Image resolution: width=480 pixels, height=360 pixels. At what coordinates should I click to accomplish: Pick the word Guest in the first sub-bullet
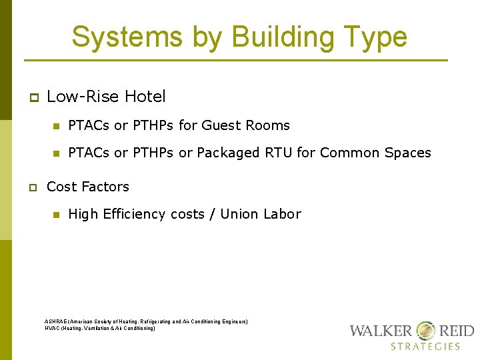[219, 125]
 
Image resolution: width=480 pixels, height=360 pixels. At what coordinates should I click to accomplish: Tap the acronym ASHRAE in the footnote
[55, 322]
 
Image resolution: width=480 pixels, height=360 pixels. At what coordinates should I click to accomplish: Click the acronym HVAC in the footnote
[52, 329]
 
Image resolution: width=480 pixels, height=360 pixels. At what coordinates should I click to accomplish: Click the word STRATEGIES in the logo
[425, 346]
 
